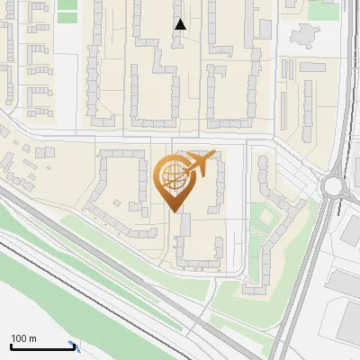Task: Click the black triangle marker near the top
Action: [x=180, y=24]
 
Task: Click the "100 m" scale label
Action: [x=23, y=338]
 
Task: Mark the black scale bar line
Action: [x=41, y=346]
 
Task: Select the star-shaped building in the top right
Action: [x=303, y=38]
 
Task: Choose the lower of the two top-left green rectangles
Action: [x=67, y=18]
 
